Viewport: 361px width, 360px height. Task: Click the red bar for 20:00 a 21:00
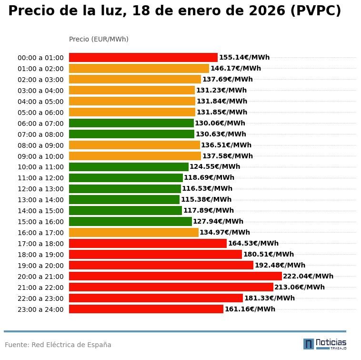pyautogui.click(x=175, y=276)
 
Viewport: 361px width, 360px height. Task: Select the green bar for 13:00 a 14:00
pyautogui.click(x=124, y=199)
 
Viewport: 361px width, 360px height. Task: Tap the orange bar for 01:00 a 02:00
pyautogui.click(x=139, y=68)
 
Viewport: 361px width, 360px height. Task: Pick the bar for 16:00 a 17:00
pyautogui.click(x=134, y=232)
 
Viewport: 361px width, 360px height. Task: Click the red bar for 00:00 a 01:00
pyautogui.click(x=143, y=57)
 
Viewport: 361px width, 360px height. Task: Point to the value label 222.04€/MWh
pyautogui.click(x=308, y=276)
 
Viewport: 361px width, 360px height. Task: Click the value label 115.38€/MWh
pyautogui.click(x=206, y=199)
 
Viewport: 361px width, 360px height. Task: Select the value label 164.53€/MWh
pyautogui.click(x=253, y=243)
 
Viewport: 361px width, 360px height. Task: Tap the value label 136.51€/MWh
pyautogui.click(x=226, y=145)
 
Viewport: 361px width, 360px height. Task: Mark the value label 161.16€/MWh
pyautogui.click(x=250, y=309)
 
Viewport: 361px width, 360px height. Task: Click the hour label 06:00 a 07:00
pyautogui.click(x=40, y=123)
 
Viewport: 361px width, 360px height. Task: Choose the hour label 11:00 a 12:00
pyautogui.click(x=40, y=178)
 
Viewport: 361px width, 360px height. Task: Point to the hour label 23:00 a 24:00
pyautogui.click(x=40, y=309)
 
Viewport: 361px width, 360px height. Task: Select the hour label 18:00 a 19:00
pyautogui.click(x=40, y=255)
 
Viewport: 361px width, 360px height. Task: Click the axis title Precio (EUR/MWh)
pyautogui.click(x=99, y=39)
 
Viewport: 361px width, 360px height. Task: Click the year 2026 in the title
pyautogui.click(x=265, y=11)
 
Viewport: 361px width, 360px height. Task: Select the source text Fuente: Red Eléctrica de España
pyautogui.click(x=58, y=345)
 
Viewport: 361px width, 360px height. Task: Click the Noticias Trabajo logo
pyautogui.click(x=325, y=344)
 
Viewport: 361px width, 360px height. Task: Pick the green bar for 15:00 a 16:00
pyautogui.click(x=130, y=221)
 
